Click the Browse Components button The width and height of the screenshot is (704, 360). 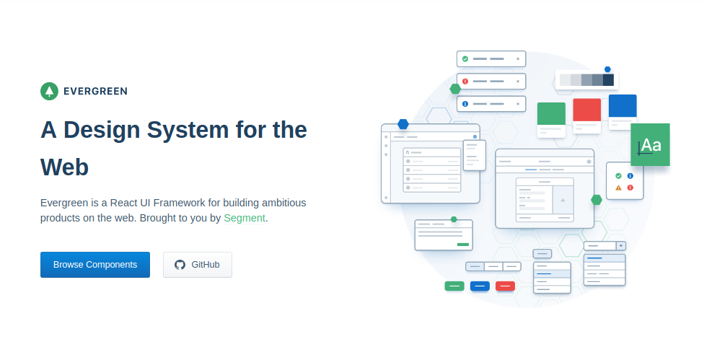[x=95, y=265]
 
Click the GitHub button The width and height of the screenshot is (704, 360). [x=198, y=265]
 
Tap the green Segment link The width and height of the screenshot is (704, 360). [x=245, y=218]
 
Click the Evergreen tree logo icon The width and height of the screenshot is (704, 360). [x=49, y=91]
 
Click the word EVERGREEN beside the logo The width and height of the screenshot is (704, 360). [x=96, y=92]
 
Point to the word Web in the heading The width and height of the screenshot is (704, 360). [x=64, y=167]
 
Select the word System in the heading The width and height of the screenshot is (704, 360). [x=188, y=130]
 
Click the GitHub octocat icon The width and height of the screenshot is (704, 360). [x=180, y=265]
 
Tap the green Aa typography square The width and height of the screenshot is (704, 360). [x=650, y=144]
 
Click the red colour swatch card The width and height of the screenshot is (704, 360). [x=587, y=110]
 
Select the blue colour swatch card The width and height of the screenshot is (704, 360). [x=622, y=106]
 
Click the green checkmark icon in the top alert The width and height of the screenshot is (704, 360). [x=465, y=59]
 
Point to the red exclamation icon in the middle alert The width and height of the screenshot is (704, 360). [x=465, y=82]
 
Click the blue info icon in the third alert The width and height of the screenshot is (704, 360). [x=465, y=104]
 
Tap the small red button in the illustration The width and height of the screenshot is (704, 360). [x=505, y=286]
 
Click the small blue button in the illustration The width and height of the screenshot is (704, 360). [x=480, y=286]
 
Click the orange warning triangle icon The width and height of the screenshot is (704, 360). [x=618, y=188]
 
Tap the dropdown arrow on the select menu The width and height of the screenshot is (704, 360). [x=621, y=246]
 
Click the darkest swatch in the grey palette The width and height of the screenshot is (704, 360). [x=608, y=80]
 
